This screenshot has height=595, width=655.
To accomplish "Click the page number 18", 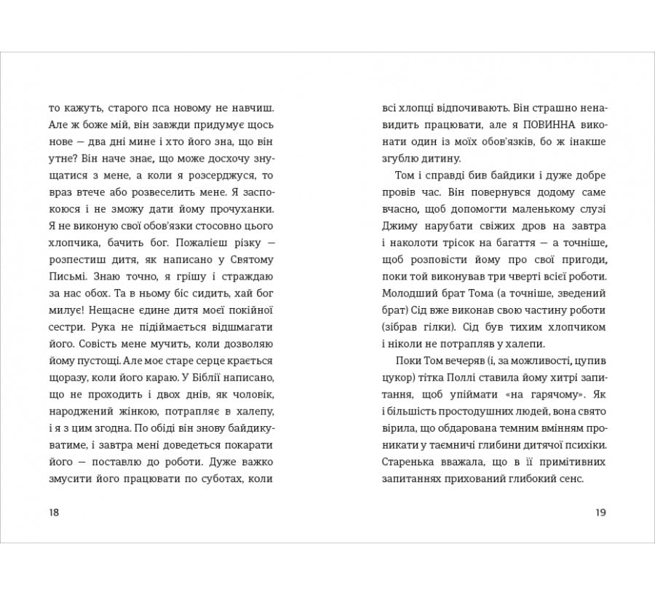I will (54, 512).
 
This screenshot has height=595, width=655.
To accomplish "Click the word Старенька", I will (408, 462).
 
